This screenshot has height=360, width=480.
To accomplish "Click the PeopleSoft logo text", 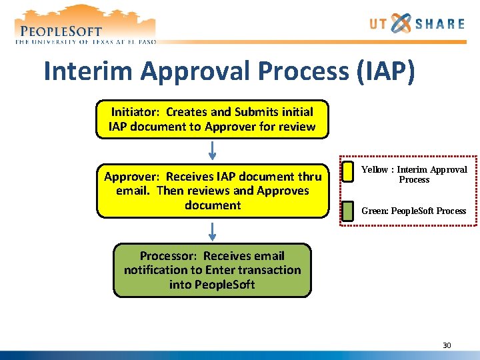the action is (61, 31).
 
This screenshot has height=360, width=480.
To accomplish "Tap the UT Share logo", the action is (417, 25).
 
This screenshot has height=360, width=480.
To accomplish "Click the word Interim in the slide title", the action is (91, 71).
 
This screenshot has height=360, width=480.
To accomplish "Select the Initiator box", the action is (212, 119).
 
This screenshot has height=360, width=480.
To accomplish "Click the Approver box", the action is (212, 191).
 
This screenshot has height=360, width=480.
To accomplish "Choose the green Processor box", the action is (212, 270).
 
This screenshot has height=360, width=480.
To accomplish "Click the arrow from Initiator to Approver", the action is (212, 151).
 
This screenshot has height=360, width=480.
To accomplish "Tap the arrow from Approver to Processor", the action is (212, 231).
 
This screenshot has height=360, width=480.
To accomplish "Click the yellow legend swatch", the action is (347, 171).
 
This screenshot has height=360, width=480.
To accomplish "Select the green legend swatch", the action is (347, 211).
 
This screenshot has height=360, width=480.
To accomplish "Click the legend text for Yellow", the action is (414, 175).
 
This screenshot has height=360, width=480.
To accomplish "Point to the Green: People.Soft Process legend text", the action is (413, 211).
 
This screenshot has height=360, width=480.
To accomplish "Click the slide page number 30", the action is (447, 345).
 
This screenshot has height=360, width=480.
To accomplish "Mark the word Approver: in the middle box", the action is (132, 177).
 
